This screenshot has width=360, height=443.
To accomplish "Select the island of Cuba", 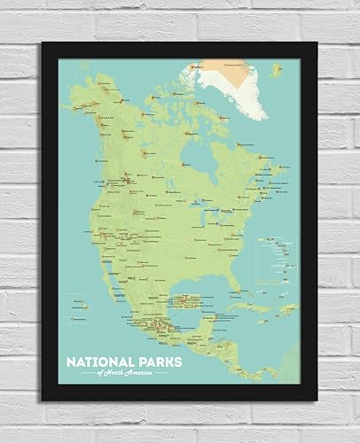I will coord(239,307).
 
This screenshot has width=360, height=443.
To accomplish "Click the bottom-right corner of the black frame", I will coord(315,398).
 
